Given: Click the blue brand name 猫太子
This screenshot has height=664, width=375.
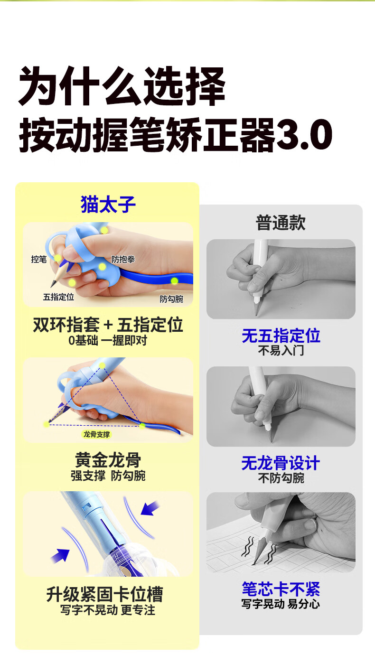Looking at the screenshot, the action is pyautogui.click(x=108, y=204).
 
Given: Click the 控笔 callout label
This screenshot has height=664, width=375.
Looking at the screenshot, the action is pyautogui.click(x=39, y=259).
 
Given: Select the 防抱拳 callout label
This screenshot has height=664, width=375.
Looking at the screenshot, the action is pyautogui.click(x=123, y=259).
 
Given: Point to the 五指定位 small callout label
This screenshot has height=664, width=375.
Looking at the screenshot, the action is pyautogui.click(x=58, y=297).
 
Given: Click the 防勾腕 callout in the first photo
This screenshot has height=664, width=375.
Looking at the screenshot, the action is pyautogui.click(x=171, y=299).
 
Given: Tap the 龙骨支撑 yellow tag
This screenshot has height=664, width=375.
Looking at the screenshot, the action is pyautogui.click(x=96, y=434).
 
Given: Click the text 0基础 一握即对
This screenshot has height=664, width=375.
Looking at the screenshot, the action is pyautogui.click(x=108, y=340).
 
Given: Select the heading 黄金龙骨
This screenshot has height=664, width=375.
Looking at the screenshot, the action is pyautogui.click(x=108, y=459).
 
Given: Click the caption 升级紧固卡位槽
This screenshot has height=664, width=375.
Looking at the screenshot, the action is pyautogui.click(x=104, y=594).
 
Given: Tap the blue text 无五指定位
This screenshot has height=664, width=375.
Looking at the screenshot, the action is pyautogui.click(x=281, y=336).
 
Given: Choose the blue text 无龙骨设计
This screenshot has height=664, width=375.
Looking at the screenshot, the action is pyautogui.click(x=281, y=463).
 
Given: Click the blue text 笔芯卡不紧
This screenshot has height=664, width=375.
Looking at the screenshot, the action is pyautogui.click(x=281, y=589).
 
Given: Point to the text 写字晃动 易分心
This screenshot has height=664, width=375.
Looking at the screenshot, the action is pyautogui.click(x=281, y=604).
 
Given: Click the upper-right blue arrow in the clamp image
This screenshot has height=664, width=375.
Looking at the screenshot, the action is pyautogui.click(x=150, y=508).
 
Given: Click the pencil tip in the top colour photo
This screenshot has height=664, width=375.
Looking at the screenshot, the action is pyautogui.click(x=52, y=287).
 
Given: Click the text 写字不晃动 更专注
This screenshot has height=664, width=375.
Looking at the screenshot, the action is pyautogui.click(x=108, y=610).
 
